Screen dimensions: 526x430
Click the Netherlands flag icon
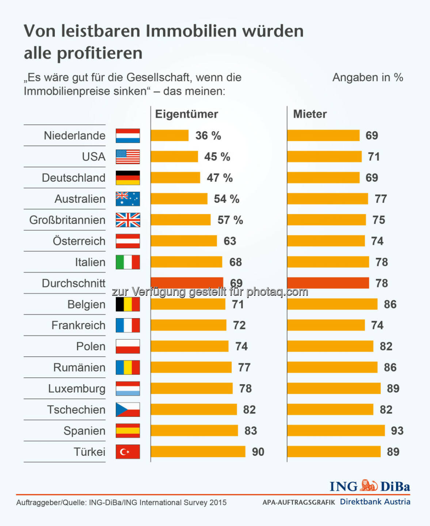[x=128, y=136]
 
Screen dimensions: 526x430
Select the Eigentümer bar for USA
[x=174, y=157]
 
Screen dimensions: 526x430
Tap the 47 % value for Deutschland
[x=220, y=178]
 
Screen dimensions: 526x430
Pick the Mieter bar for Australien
[x=327, y=199]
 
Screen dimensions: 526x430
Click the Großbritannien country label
[x=67, y=220]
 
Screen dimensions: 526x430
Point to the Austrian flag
[x=128, y=241]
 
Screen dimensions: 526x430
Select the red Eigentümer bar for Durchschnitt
[x=187, y=282]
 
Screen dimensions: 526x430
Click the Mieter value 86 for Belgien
[x=390, y=304]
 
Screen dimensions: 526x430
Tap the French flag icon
[x=128, y=325]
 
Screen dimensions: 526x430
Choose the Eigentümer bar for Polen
[x=190, y=346]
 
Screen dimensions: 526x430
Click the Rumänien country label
[x=79, y=367]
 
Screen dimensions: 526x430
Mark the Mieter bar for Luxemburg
[x=334, y=388]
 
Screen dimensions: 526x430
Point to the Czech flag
[x=128, y=409]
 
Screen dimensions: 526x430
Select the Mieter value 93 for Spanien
[x=397, y=431]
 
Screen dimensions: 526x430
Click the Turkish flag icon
[x=128, y=452]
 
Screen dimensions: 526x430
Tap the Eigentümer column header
[x=186, y=114]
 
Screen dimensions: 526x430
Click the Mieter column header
[x=310, y=114]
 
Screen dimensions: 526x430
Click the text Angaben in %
[x=368, y=77]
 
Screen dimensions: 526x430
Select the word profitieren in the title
[x=99, y=53]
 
